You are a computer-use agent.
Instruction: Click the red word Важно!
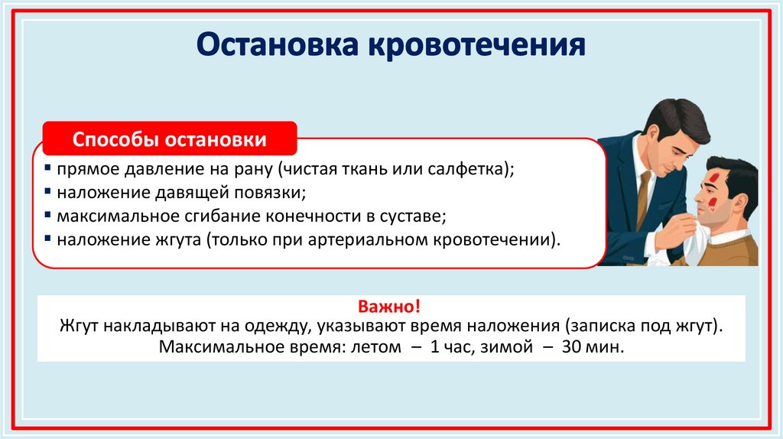pos(391,307)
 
